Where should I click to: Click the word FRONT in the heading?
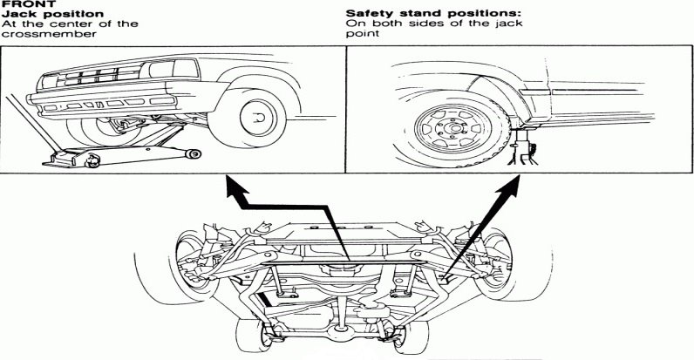point(19,3)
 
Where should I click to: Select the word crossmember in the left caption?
point(37,35)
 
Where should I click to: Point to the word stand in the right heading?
point(416,14)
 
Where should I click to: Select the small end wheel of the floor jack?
point(194,153)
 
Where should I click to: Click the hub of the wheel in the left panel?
point(255,114)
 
